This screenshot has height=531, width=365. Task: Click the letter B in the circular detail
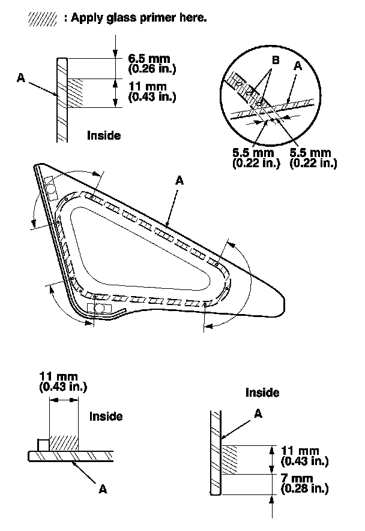pos(274,61)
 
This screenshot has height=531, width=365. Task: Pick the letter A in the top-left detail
pos(22,76)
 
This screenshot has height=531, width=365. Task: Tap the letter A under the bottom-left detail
pos(103,489)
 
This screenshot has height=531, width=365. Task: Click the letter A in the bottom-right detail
pos(259,413)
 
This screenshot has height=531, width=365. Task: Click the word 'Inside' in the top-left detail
pos(104,135)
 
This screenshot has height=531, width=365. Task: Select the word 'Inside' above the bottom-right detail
pos(262,393)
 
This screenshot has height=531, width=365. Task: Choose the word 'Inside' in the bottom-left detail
pos(106,416)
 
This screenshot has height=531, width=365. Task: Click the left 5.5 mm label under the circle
pos(252,153)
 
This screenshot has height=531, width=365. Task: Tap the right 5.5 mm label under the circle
pos(311,153)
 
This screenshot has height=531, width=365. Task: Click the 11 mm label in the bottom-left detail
pos(62,377)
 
